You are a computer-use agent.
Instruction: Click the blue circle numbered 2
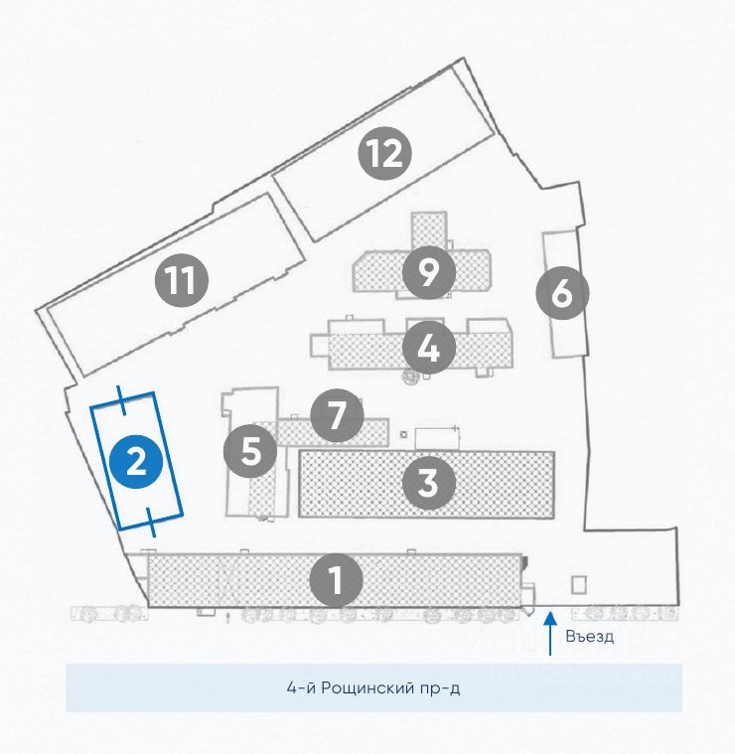point(136,461)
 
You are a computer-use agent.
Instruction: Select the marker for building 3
point(428,484)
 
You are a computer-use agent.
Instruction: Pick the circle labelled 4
point(429,348)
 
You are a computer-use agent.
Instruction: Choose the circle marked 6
point(561,294)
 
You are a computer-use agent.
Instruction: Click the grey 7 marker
point(337,416)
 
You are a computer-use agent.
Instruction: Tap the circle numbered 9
point(429,271)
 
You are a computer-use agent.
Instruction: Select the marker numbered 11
point(181,281)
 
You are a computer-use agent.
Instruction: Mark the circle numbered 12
point(385,153)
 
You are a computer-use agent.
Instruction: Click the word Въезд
point(589,637)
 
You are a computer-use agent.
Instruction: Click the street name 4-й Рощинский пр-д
point(373,688)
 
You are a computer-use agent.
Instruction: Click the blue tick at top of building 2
point(121,398)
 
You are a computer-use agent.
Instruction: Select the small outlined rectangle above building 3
point(434,437)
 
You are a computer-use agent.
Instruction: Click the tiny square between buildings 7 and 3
point(402,434)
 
